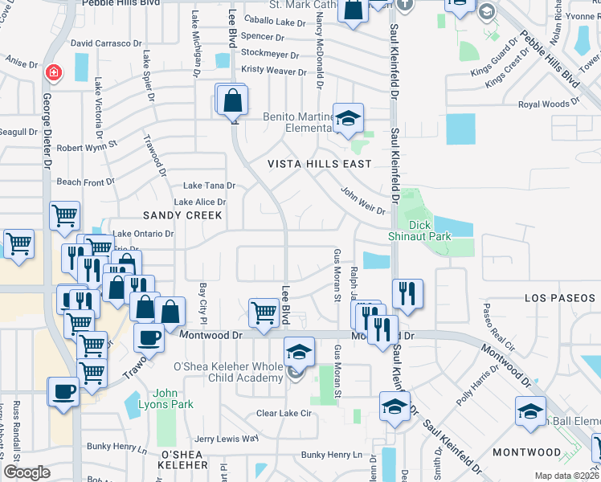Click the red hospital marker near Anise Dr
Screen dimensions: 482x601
pyautogui.click(x=53, y=73)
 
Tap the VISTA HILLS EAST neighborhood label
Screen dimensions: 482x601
pyautogui.click(x=319, y=164)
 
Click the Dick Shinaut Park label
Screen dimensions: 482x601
pyautogui.click(x=430, y=230)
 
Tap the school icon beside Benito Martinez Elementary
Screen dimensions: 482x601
pyautogui.click(x=349, y=119)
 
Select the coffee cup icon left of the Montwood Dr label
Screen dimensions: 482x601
pyautogui.click(x=149, y=338)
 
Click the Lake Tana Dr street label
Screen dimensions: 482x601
pyautogui.click(x=209, y=185)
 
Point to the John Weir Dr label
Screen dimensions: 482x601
pyautogui.click(x=363, y=201)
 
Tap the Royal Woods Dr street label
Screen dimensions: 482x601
pyautogui.click(x=544, y=104)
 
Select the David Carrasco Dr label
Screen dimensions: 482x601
pyautogui.click(x=106, y=43)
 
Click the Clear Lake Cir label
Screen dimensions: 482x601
pyautogui.click(x=283, y=414)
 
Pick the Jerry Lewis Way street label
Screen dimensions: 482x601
pyautogui.click(x=227, y=439)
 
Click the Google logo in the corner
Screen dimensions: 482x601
pyautogui.click(x=27, y=472)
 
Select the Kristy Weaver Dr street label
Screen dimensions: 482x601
pyautogui.click(x=274, y=71)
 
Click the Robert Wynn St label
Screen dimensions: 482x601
pyautogui.click(x=87, y=148)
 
